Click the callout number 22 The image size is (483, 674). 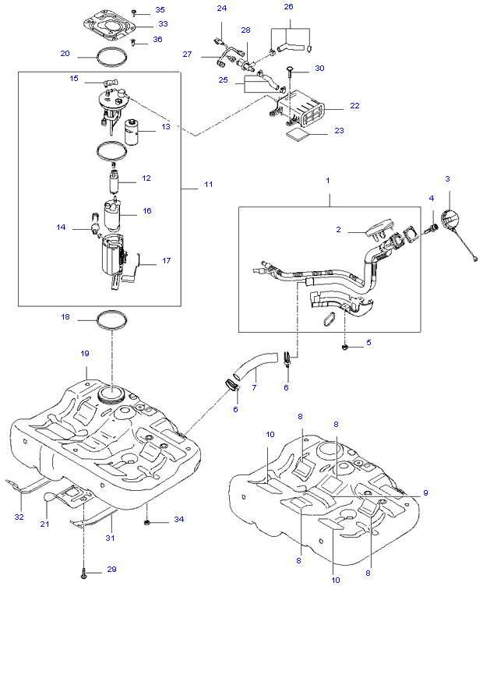coord(354,106)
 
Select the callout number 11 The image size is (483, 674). coord(209,185)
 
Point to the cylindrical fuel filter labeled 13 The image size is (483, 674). coord(132,132)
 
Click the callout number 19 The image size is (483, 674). coord(85,353)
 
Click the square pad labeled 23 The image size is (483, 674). coord(297,134)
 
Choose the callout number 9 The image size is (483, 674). coord(425,492)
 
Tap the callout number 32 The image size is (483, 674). coord(19,517)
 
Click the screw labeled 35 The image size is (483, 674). coord(134,12)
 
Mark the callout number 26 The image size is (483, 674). coord(289,7)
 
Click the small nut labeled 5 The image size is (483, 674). coord(344,347)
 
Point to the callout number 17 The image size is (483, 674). coord(166,260)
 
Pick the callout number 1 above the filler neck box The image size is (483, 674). coord(328,181)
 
